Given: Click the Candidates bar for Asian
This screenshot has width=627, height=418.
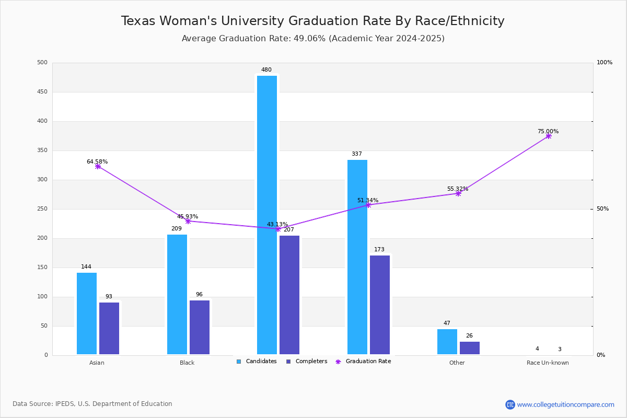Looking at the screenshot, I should click(87, 313).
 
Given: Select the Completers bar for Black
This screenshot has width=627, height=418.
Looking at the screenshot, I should click(200, 327).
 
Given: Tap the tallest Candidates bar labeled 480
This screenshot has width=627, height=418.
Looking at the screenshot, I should click(267, 215).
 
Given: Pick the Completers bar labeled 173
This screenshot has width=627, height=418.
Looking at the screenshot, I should click(380, 305).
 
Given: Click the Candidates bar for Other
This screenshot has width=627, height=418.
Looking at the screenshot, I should click(447, 342).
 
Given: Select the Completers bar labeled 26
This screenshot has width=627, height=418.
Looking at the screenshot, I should click(470, 348).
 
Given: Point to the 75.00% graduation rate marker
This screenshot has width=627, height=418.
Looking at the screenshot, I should click(549, 136).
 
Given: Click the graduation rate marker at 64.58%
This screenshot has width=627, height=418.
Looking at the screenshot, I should click(98, 166).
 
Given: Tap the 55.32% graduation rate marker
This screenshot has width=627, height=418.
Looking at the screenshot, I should click(458, 193).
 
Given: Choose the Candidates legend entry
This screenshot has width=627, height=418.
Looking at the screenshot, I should click(257, 362).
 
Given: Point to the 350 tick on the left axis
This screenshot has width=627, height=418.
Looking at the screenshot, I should click(42, 150).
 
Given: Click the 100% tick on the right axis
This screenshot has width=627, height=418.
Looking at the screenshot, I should click(604, 63).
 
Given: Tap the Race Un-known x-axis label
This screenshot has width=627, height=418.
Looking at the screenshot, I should click(548, 363).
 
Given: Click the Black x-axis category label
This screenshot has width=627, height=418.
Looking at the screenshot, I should click(187, 363).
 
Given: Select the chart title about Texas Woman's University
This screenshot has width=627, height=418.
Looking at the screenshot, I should click(313, 21).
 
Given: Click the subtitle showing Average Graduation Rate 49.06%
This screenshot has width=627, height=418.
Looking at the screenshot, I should click(313, 39).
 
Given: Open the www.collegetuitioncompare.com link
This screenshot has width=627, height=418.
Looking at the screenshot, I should click(565, 404).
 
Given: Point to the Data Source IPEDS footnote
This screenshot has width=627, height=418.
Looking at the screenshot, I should click(92, 404).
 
